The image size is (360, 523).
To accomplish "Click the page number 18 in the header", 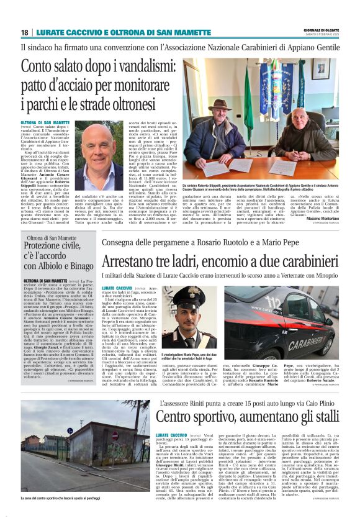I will point(25,32).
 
